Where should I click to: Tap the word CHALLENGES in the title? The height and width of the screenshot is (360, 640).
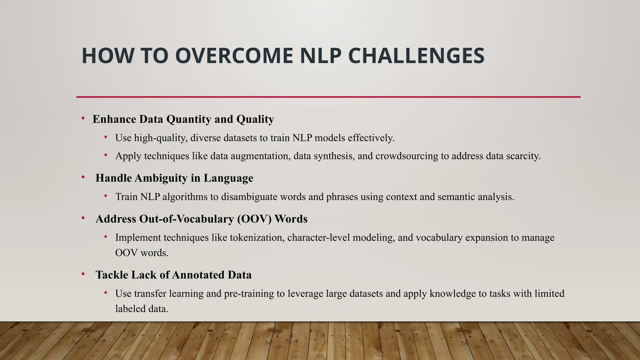pos(416,56)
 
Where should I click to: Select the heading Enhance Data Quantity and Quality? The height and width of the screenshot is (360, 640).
pos(183,119)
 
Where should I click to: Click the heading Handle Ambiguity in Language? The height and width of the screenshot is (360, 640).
pos(174,178)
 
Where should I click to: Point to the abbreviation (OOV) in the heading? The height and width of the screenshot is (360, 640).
pos(254,219)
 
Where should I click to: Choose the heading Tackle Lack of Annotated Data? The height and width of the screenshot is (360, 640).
pos(173,275)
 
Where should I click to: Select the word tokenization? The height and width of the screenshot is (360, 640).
pos(257,237)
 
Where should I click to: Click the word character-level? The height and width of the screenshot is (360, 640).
pos(318,237)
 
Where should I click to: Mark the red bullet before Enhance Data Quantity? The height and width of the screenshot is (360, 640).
pos(83,118)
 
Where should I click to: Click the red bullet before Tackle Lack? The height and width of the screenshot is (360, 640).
pos(83,274)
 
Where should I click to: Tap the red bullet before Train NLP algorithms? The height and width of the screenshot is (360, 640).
pos(106,196)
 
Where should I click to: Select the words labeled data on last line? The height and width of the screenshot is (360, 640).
pos(142,309)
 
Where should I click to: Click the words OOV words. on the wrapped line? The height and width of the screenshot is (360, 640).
pos(142,252)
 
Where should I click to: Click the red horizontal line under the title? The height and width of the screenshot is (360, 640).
pos(328,97)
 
